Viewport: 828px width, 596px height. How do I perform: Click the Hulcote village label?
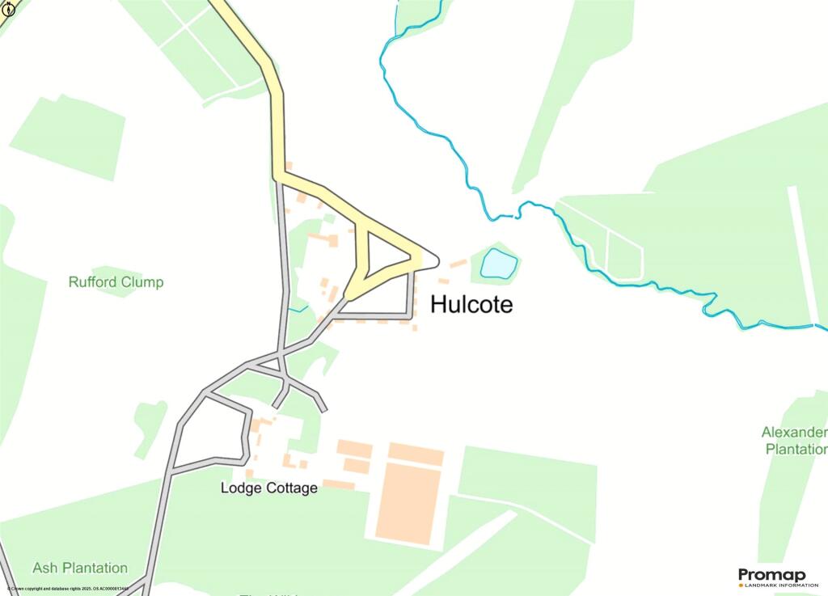tap(471, 305)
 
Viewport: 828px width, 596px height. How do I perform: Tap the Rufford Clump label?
tap(116, 282)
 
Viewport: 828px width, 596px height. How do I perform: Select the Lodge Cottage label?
tap(269, 488)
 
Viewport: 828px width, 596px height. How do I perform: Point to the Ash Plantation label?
tap(80, 568)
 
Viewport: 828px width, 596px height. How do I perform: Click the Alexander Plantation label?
tap(795, 441)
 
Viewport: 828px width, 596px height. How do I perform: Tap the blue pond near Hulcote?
tap(498, 264)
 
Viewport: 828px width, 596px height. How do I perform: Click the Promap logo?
tap(772, 576)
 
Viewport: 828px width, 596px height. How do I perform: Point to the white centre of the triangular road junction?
tap(387, 257)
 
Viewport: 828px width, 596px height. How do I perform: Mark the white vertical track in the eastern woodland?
tap(803, 243)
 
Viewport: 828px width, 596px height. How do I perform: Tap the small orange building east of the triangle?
tap(458, 263)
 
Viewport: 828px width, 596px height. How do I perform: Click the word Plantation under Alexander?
tap(796, 449)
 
